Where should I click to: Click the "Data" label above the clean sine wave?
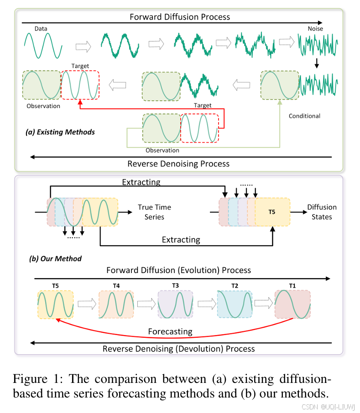point(41,29)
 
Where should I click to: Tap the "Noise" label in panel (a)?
point(315,29)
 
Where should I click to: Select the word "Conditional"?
point(304,116)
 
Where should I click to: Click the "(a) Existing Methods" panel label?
point(60,132)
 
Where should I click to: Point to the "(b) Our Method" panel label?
point(55,258)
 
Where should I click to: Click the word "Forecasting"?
point(170,331)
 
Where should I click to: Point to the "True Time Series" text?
point(154,212)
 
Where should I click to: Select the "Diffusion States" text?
point(322,212)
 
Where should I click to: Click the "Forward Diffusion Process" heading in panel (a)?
point(180,17)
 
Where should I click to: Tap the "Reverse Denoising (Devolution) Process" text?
point(178,349)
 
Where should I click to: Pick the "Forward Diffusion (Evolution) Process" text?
point(178,270)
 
